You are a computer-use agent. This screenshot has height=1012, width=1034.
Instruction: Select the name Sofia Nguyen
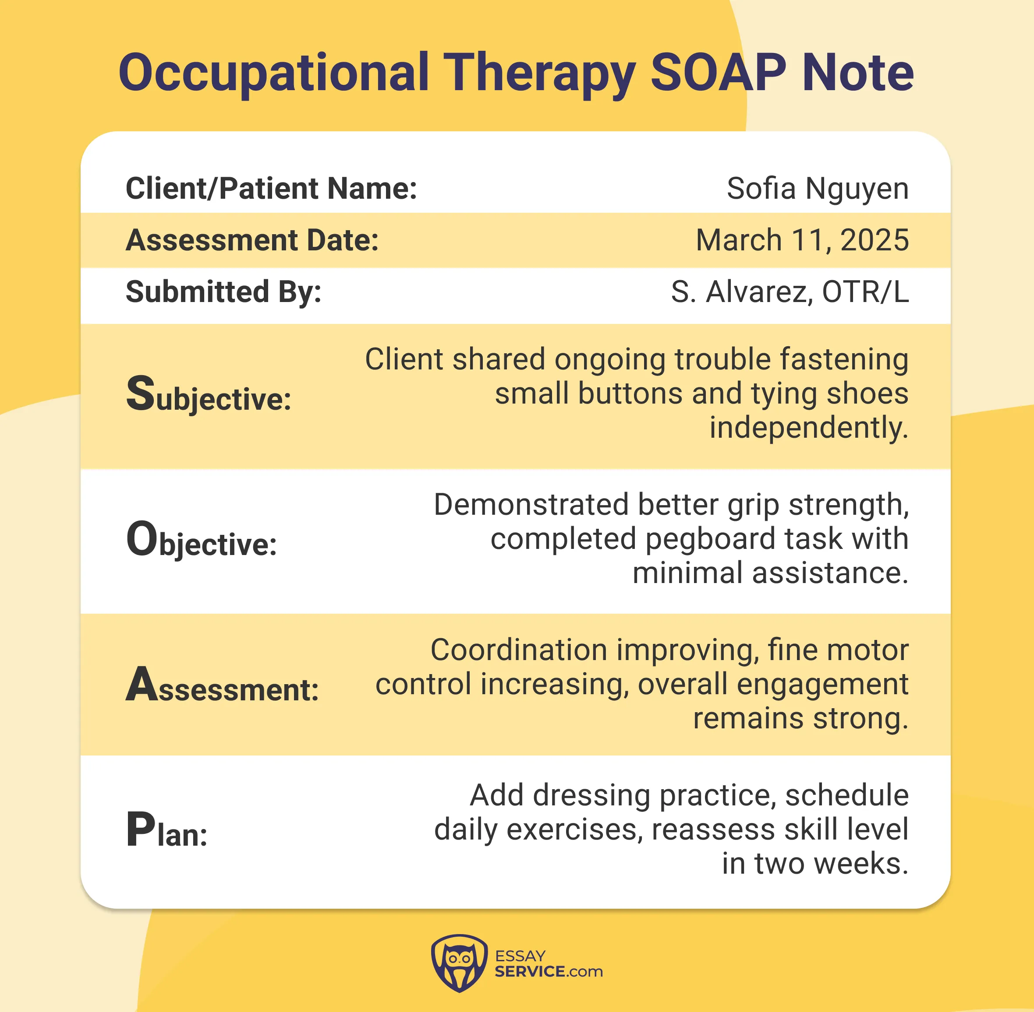818,189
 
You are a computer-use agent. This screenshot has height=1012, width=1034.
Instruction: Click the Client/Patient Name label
271,189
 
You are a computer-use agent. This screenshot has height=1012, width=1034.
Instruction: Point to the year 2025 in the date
875,240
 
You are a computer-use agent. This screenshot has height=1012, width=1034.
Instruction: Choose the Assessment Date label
252,240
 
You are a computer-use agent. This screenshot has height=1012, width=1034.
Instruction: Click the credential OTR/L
865,292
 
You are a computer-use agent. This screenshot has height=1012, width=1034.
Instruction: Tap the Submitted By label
223,292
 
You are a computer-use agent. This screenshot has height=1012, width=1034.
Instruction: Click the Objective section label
201,541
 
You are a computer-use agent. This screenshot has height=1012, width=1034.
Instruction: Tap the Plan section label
166,831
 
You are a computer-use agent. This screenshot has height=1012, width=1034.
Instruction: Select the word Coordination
519,650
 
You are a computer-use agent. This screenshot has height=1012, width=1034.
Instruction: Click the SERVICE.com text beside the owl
549,972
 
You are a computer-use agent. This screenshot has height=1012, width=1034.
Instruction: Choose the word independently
808,429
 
